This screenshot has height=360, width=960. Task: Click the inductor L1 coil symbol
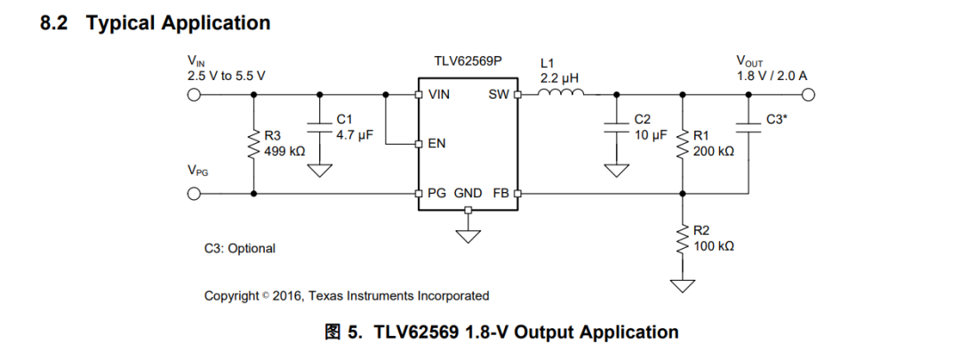point(561,92)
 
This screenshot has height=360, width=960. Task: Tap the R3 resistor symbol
point(253,145)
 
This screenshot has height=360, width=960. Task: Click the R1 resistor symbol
point(684,145)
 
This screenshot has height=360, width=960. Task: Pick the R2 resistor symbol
point(684,239)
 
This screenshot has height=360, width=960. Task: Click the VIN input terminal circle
point(194,95)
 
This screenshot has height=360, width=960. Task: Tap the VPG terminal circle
point(194,194)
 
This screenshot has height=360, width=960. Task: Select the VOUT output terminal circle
point(809,95)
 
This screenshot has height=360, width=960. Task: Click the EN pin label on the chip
point(436,145)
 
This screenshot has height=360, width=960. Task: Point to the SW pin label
point(499,95)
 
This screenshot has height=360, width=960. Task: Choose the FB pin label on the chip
point(500,194)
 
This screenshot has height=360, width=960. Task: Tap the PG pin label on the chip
point(437,194)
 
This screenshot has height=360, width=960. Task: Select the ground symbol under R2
point(684,286)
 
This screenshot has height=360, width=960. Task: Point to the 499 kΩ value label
point(284,150)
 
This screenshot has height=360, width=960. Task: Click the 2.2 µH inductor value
point(559,78)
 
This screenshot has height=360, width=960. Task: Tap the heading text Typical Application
point(178,22)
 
